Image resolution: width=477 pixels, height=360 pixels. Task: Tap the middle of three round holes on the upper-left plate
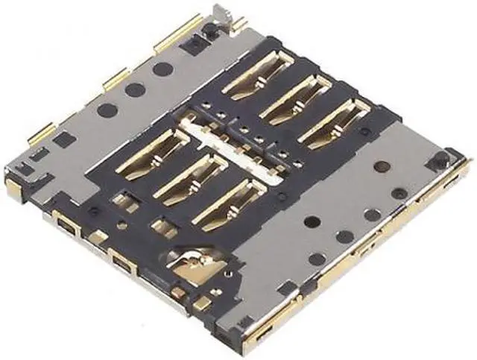pos(135,90)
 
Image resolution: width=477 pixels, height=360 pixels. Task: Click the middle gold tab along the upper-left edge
pos(115,77)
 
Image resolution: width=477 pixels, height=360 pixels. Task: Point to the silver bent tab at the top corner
pos(219,10)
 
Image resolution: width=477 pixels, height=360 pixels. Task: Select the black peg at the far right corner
pos(440,160)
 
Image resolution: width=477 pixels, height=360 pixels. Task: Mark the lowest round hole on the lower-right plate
pos(317,259)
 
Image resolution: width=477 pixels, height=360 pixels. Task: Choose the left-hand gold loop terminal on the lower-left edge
pos(66,225)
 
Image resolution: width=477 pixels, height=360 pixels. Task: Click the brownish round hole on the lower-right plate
pos(382,165)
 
